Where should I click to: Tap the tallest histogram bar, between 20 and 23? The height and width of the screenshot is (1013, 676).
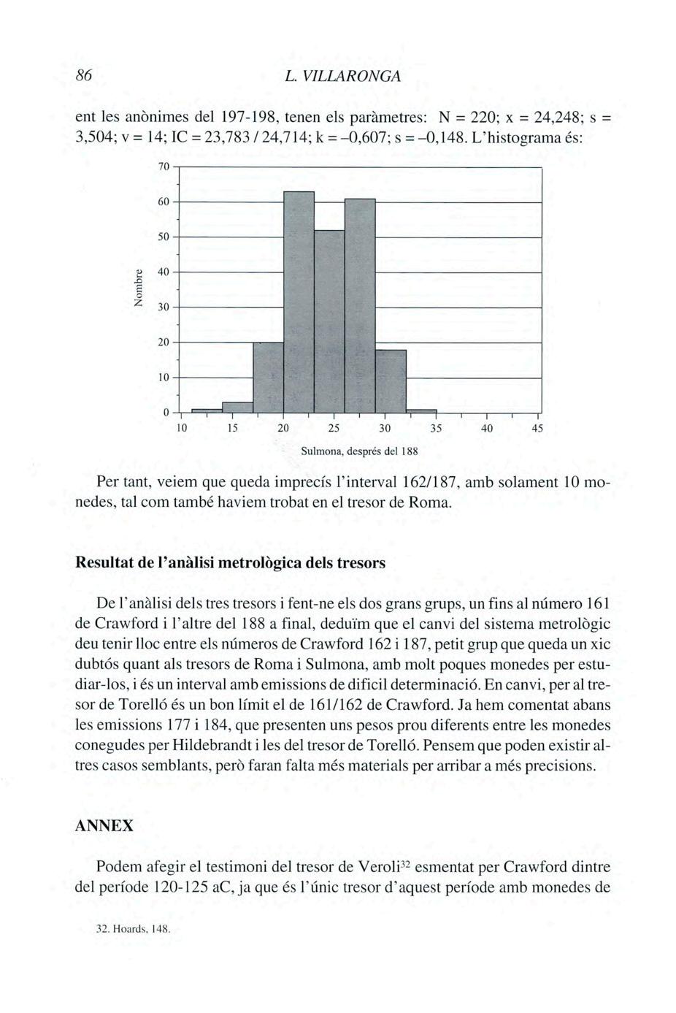299,299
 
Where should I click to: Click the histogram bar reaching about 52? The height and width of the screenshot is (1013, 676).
329,321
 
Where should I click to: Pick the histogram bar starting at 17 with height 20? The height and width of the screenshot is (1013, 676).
268,376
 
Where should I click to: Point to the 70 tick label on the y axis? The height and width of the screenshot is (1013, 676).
164,167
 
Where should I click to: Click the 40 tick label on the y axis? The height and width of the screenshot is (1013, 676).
164,272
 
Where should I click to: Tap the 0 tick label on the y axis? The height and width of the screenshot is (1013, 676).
166,412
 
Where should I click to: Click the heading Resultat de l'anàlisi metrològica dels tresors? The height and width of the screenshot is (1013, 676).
230,564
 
